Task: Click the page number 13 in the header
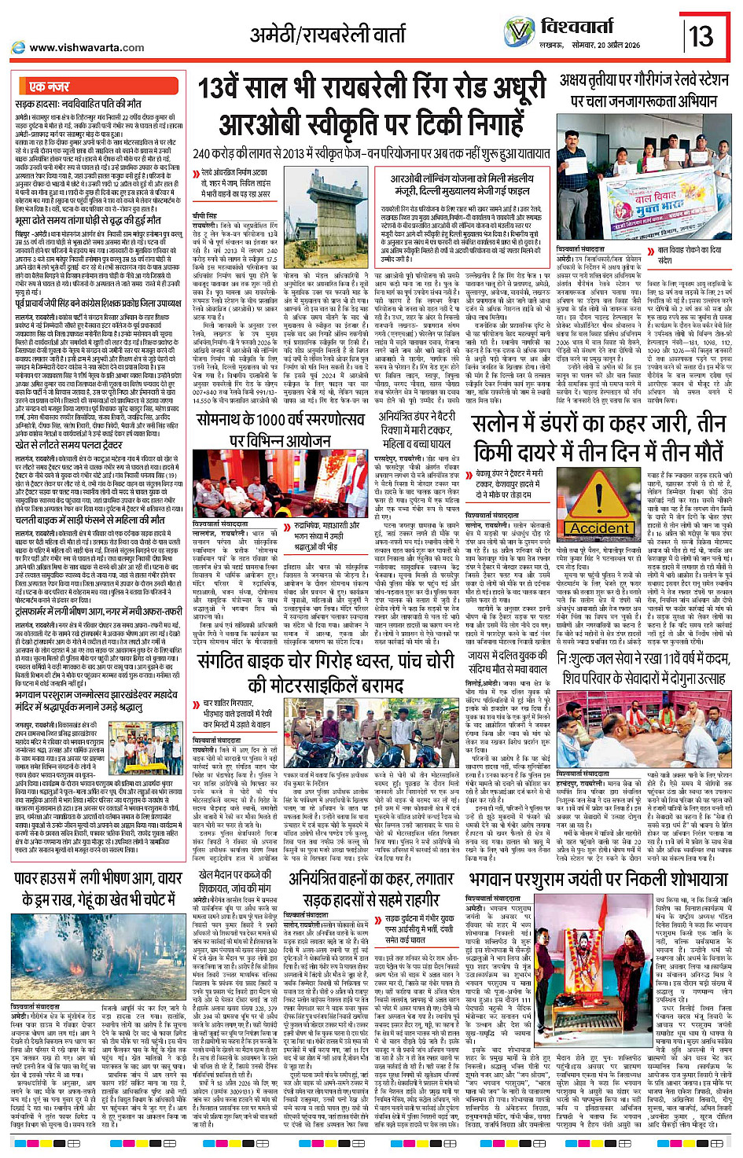pyautogui.click(x=700, y=36)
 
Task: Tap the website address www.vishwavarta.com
pyautogui.click(x=86, y=48)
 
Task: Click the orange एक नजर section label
pyautogui.click(x=49, y=86)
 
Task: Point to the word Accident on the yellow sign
pyautogui.click(x=599, y=528)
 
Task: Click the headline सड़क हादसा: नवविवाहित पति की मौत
pyautogui.click(x=78, y=103)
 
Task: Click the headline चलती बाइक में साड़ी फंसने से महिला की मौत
pyautogui.click(x=90, y=520)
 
